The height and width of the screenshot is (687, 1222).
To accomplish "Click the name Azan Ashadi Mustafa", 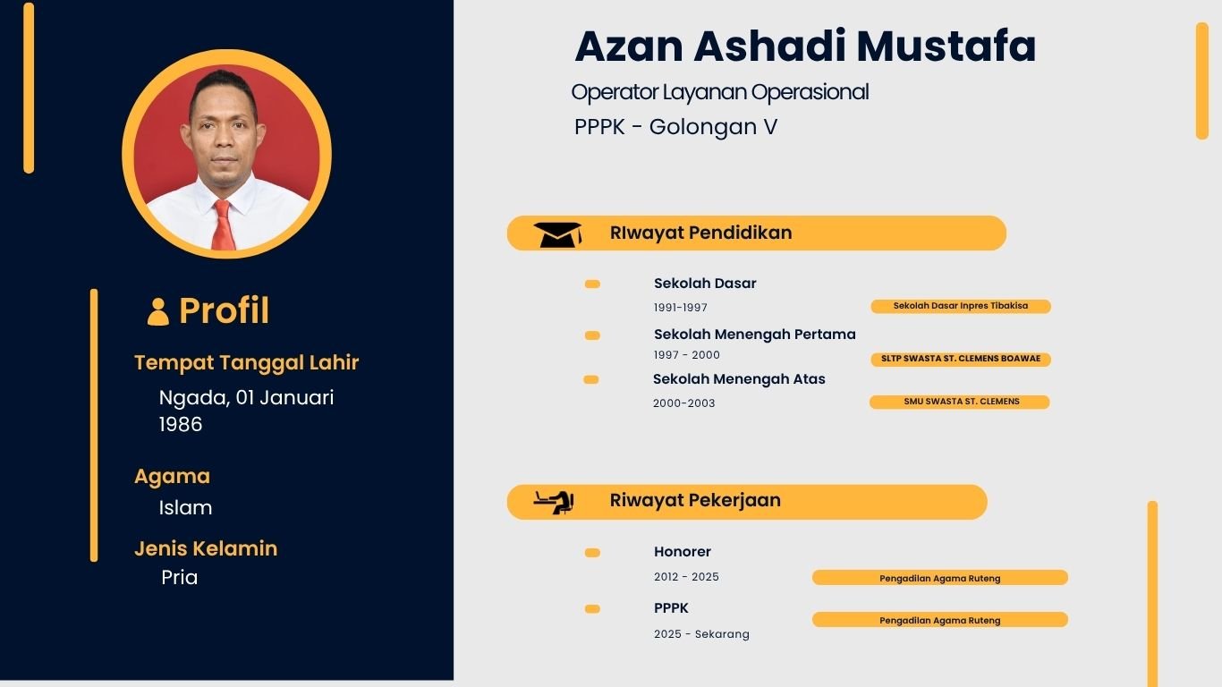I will click(x=805, y=47).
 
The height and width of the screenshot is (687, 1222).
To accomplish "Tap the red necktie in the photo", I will click(x=223, y=225).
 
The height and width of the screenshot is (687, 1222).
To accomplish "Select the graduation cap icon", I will click(x=557, y=234).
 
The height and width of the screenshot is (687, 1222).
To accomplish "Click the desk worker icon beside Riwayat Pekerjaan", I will click(x=554, y=502).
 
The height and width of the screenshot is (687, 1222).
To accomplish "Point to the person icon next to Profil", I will click(x=158, y=311).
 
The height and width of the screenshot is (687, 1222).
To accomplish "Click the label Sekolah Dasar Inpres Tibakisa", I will click(x=960, y=306).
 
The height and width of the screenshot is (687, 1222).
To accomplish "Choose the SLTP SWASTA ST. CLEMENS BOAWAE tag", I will click(x=960, y=359).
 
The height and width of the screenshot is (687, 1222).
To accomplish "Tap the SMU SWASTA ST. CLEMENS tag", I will click(x=960, y=402).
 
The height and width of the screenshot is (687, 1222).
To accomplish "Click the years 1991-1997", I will click(x=681, y=308).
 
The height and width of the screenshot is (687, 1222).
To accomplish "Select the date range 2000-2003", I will click(x=684, y=403).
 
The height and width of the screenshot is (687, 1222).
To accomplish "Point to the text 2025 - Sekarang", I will click(x=701, y=634).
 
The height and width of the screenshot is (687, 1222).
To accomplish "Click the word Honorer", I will click(x=683, y=552).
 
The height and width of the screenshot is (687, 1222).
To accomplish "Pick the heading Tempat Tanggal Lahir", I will click(x=246, y=363).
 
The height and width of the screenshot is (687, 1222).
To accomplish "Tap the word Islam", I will click(x=185, y=508).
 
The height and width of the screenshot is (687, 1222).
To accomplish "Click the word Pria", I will click(x=179, y=578).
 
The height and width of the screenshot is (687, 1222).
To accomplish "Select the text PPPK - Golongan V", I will click(x=675, y=127).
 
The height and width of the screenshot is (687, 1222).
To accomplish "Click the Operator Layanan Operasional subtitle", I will click(x=719, y=92).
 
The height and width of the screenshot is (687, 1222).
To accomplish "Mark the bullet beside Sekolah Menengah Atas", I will click(x=591, y=380).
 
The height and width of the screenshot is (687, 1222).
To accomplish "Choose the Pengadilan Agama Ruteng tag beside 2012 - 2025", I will click(x=939, y=578).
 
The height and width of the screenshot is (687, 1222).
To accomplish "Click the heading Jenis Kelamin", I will click(x=206, y=548).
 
